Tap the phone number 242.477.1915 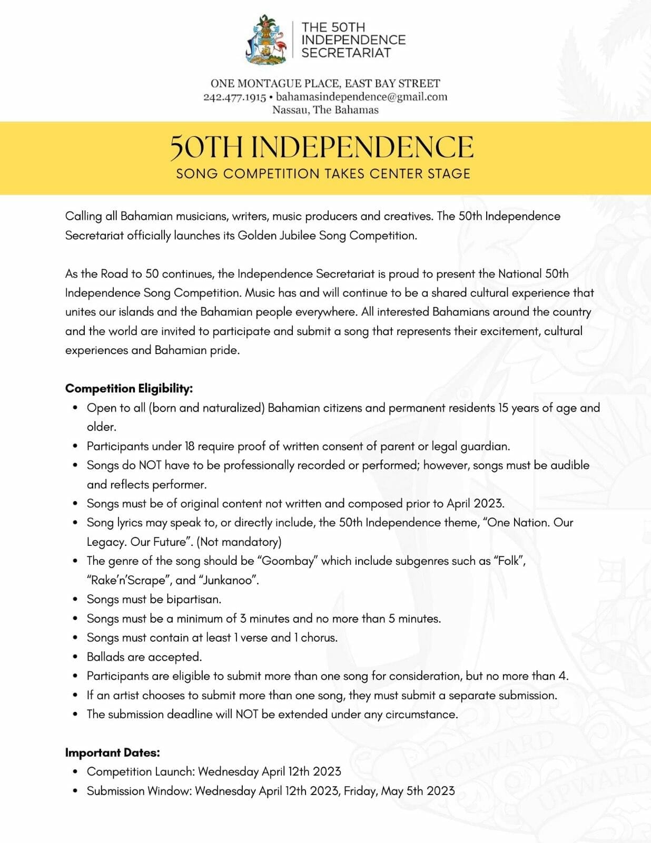tap(234, 97)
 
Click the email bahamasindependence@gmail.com tap(362, 97)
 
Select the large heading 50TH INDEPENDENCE tap(322, 147)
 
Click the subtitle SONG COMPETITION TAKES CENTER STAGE tap(323, 174)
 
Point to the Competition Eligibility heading tap(129, 388)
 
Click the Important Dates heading tap(113, 752)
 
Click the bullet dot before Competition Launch tap(75, 772)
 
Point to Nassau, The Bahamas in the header tap(325, 110)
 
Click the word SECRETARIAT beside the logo tap(346, 53)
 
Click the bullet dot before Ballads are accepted tap(75, 657)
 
